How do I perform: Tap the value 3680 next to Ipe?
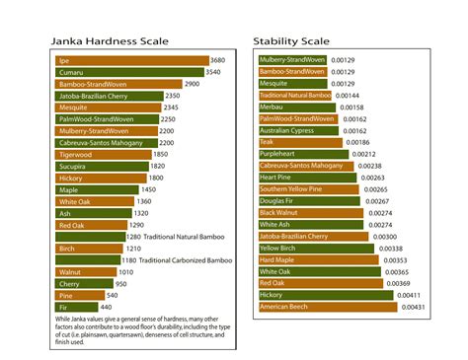pos(218,61)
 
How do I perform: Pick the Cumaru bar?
pos(129,73)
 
